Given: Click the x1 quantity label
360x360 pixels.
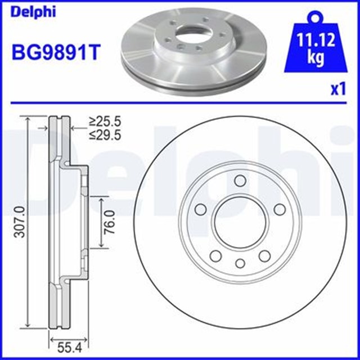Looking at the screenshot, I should point(337,89).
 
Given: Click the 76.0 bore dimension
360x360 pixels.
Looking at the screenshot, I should point(110,222).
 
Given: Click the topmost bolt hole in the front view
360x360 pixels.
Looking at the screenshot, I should point(240,180).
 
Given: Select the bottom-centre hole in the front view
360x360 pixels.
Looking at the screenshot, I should point(240,263).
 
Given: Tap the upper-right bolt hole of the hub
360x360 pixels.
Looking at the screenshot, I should point(279,209).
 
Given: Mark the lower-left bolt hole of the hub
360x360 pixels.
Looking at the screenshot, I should point(215,256).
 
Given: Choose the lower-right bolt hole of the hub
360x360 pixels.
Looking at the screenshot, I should point(264,256).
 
